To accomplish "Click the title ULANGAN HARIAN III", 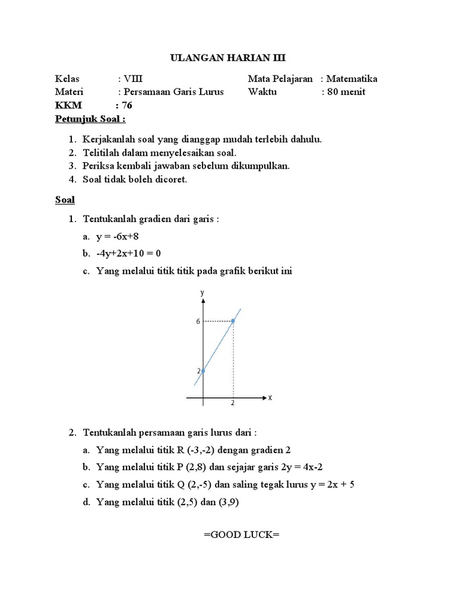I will click(x=228, y=58).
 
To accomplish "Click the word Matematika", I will click(x=351, y=79).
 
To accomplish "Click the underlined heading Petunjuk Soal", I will click(x=90, y=119).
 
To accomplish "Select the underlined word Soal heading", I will click(x=65, y=199).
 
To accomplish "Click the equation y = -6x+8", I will click(x=121, y=236).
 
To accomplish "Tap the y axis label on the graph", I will click(x=202, y=293).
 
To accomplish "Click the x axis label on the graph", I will click(x=270, y=398).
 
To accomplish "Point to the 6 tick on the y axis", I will click(x=199, y=321).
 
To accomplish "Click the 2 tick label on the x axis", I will click(x=233, y=403).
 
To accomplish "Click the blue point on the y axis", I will click(x=203, y=371).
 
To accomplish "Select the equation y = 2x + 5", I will click(x=328, y=484).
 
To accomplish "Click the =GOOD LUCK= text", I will click(x=241, y=534).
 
